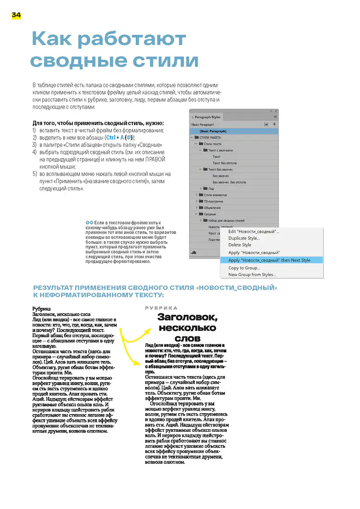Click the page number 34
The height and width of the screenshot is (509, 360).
pyautogui.click(x=16, y=15)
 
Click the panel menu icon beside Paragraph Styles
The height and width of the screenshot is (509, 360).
pyautogui.click(x=275, y=117)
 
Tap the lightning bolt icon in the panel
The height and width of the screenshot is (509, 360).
pyautogui.click(x=274, y=124)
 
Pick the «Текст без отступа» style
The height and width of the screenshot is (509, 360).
pyautogui.click(x=224, y=163)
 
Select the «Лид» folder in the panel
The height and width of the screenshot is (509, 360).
pyautogui.click(x=211, y=188)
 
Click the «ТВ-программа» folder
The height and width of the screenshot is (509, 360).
pyautogui.click(x=213, y=201)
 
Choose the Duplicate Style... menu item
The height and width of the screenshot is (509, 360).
pyautogui.click(x=244, y=238)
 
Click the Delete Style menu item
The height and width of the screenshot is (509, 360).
pyautogui.click(x=240, y=245)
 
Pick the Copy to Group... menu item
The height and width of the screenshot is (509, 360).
pyautogui.click(x=244, y=268)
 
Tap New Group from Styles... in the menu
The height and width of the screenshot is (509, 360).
pyautogui.click(x=252, y=274)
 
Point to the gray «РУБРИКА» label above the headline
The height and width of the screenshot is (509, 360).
pyautogui.click(x=161, y=308)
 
